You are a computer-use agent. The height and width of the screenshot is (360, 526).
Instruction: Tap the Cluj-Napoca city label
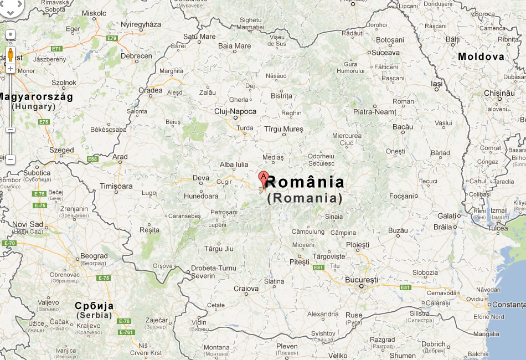coord(235,111)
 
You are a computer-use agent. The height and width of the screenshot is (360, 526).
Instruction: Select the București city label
coord(361,280)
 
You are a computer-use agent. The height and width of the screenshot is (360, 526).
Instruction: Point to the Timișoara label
coord(116,187)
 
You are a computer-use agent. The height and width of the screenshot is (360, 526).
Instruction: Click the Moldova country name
coord(481,56)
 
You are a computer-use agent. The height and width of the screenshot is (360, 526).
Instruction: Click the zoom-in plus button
coord(10,68)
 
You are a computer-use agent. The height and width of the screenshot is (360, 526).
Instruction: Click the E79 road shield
coord(112,38)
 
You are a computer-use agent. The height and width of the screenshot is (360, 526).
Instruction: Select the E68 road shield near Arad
coord(92,160)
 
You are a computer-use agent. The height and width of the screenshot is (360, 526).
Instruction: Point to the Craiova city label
coord(246,289)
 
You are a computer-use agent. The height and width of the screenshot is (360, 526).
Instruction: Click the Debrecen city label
coord(136,56)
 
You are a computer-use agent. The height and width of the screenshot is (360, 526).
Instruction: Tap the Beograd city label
coord(94,256)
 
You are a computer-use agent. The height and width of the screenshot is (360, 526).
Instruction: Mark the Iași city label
coord(437,84)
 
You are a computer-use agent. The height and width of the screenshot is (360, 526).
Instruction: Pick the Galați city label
coord(448,215)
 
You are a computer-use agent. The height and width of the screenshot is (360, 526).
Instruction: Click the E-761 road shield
coord(126,332)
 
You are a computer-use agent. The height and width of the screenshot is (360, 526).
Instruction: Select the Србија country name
coord(94,306)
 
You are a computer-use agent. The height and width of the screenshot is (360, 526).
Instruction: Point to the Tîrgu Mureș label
coord(283,129)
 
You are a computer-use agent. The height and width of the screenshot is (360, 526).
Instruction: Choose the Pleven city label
coord(287,347)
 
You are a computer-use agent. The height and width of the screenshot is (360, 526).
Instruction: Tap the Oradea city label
coord(151,90)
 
